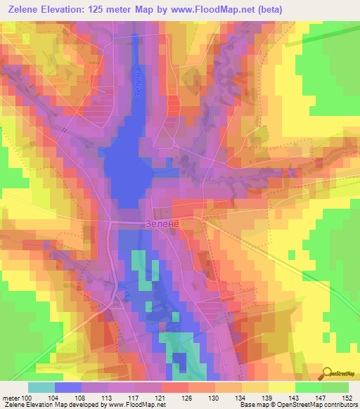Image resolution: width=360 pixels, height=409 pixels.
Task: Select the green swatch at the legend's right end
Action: click(x=335, y=387)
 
